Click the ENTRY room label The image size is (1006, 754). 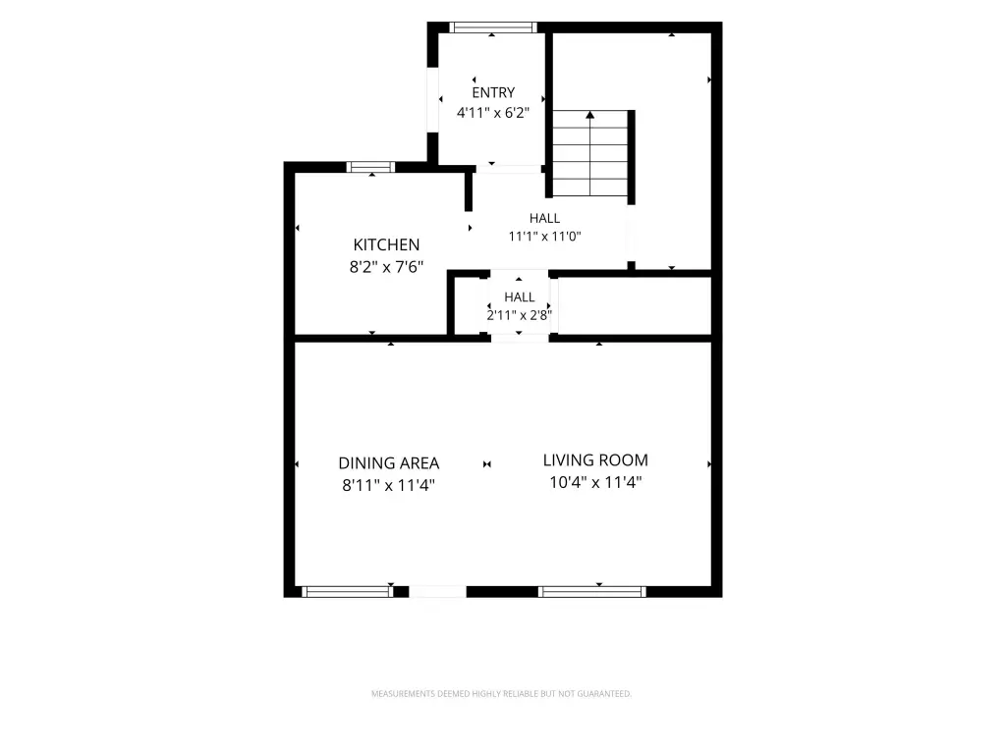[x=493, y=92]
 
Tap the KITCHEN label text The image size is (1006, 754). [x=386, y=244]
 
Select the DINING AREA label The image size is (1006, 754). [x=389, y=463]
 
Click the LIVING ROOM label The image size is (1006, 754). [x=595, y=460]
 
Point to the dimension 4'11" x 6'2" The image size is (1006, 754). [x=493, y=113]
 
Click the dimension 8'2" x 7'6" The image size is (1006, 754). [x=386, y=267]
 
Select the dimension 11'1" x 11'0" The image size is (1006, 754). [x=544, y=236]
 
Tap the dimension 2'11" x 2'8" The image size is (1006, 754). [x=519, y=315]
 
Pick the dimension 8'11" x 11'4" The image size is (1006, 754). [x=389, y=485]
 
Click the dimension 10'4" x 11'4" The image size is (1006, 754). [x=595, y=482]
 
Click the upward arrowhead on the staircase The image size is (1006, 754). [x=590, y=115]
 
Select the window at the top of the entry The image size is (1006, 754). [x=493, y=27]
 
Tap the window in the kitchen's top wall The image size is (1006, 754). [x=370, y=167]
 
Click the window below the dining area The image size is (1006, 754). [x=347, y=592]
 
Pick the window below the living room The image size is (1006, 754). [x=592, y=592]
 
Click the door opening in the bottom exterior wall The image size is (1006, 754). [x=437, y=592]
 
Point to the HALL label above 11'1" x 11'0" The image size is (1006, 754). [x=544, y=218]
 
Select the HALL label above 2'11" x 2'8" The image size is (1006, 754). [x=519, y=296]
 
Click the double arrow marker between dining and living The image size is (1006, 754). [x=487, y=464]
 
